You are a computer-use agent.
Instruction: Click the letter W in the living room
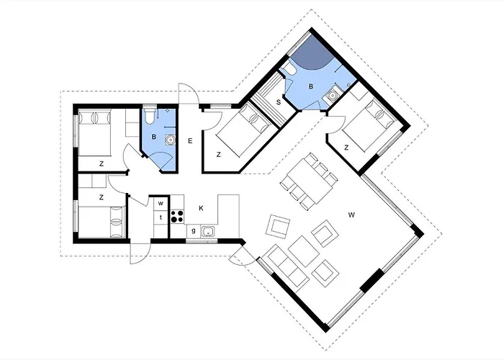(x=351, y=215)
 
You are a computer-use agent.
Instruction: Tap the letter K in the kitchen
(x=201, y=208)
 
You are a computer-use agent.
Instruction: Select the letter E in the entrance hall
(x=190, y=141)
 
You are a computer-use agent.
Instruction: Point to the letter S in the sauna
(x=279, y=102)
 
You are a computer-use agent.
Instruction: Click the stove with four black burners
(x=177, y=216)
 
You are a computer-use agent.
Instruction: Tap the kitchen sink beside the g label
(x=208, y=231)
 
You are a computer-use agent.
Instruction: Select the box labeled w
(x=161, y=204)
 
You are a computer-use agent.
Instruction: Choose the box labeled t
(x=161, y=217)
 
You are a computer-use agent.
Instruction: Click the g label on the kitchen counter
(x=194, y=231)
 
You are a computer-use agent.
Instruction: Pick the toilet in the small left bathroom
(x=150, y=116)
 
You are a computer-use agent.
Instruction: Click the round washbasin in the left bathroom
(x=170, y=139)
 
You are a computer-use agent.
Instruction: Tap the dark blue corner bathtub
(x=312, y=53)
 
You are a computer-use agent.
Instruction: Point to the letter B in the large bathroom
(x=311, y=86)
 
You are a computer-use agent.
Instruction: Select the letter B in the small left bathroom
(x=153, y=138)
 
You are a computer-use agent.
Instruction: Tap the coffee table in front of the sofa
(x=304, y=251)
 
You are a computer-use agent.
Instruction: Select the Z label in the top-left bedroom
(x=102, y=164)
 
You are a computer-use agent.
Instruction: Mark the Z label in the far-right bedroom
(x=346, y=148)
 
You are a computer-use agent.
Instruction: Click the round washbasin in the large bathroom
(x=333, y=95)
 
